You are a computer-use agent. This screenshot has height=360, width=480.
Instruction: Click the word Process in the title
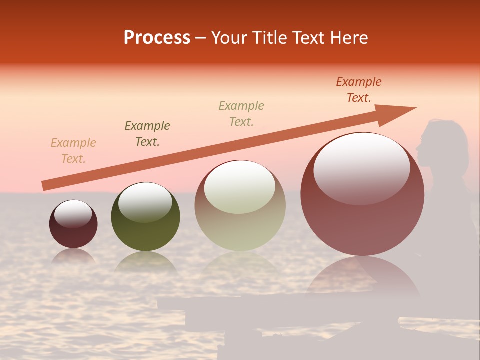click(x=157, y=38)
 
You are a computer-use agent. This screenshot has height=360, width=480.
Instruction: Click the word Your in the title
click(x=228, y=38)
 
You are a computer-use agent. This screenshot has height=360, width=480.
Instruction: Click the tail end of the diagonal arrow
click(x=44, y=186)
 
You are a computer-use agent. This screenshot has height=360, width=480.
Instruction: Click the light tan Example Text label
click(x=73, y=151)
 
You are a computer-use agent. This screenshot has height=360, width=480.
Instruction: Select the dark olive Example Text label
click(x=147, y=134)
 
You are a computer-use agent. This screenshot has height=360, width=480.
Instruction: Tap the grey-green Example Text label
click(x=241, y=114)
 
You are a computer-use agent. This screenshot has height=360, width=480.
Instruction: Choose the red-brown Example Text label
click(x=359, y=90)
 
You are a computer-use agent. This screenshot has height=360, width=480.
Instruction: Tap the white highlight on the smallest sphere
click(x=73, y=214)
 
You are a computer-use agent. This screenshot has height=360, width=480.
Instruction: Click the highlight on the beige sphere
click(x=240, y=187)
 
